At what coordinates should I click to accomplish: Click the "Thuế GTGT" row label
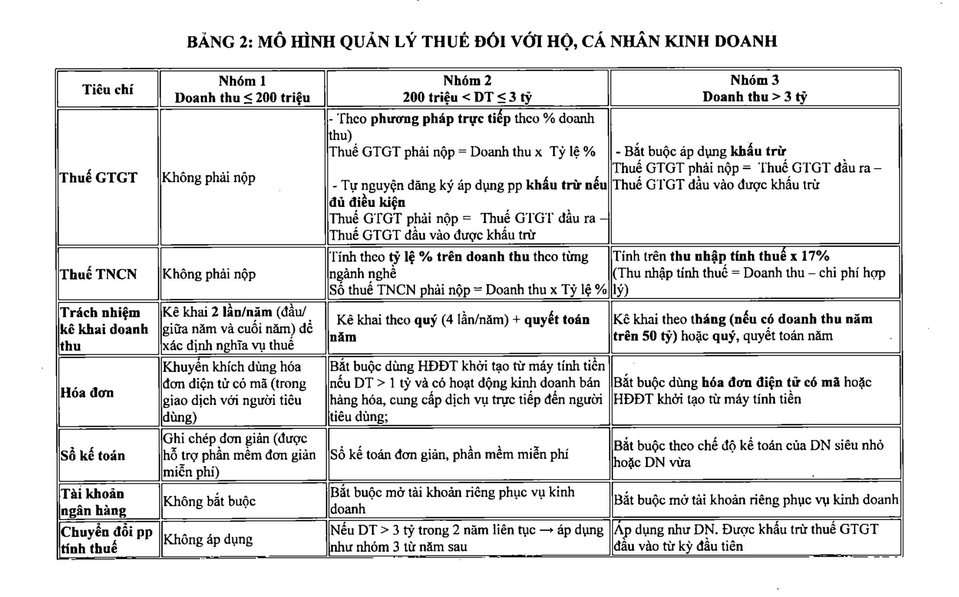click(x=98, y=177)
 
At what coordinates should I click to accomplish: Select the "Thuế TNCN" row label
click(x=98, y=274)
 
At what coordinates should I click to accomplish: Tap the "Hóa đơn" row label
click(x=87, y=392)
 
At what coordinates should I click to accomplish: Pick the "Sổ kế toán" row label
click(x=93, y=455)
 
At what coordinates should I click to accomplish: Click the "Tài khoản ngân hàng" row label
click(x=93, y=502)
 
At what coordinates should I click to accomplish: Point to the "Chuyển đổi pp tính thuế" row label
click(x=106, y=540)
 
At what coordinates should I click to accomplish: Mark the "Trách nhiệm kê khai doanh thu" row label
click(x=104, y=329)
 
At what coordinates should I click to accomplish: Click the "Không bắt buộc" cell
click(x=209, y=501)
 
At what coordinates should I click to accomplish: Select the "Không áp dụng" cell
click(x=208, y=539)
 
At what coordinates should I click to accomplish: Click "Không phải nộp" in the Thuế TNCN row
click(x=209, y=274)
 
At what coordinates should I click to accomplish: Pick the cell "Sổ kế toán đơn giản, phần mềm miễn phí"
click(x=449, y=454)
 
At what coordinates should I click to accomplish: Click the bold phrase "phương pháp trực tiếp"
click(x=440, y=119)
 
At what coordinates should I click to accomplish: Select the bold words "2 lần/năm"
click(x=241, y=312)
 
